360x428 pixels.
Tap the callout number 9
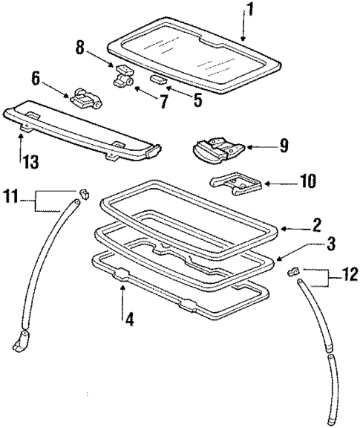point(283,146)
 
